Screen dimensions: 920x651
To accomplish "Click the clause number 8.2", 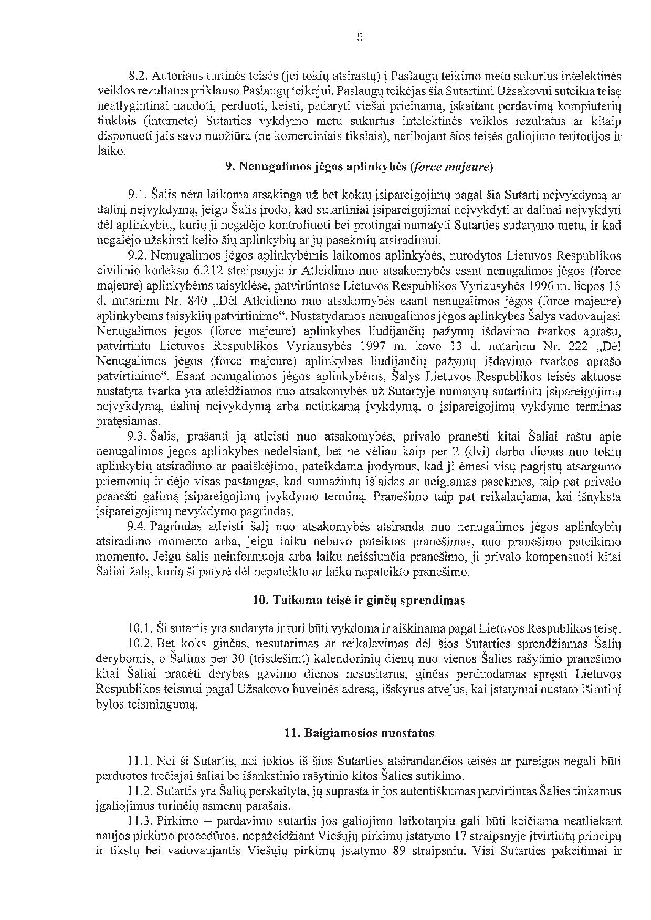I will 138,76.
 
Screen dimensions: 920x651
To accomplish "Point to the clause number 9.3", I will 138,436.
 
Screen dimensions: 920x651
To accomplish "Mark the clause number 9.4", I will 138,527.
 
